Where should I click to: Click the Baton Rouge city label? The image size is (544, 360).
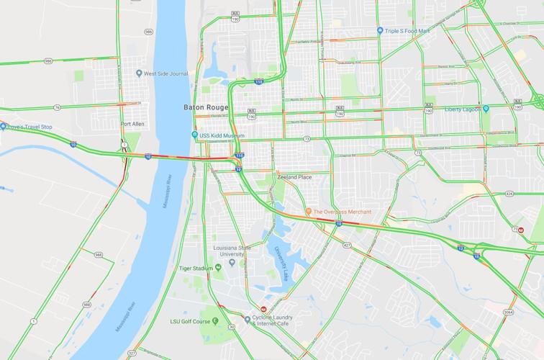pyautogui.click(x=205, y=107)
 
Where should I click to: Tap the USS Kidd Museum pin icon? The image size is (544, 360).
pyautogui.click(x=195, y=135)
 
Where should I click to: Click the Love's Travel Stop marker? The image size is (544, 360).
pyautogui.click(x=2, y=127)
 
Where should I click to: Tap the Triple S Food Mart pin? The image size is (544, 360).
pyautogui.click(x=380, y=30)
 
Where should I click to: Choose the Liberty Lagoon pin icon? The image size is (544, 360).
pyautogui.click(x=486, y=109)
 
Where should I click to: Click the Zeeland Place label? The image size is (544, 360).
pyautogui.click(x=294, y=176)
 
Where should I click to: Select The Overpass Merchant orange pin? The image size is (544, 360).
pyautogui.click(x=308, y=212)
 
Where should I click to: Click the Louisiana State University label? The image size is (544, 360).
pyautogui.click(x=232, y=251)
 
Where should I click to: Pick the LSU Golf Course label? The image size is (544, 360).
pyautogui.click(x=191, y=320)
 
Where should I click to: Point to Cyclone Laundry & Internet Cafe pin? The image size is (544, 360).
pyautogui.click(x=247, y=318)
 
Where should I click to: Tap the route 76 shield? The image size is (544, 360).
pyautogui.click(x=57, y=107)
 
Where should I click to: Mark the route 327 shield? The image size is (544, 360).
pyautogui.click(x=132, y=353)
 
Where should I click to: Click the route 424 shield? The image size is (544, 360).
pyautogui.click(x=509, y=194)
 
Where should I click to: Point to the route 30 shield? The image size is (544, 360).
pyautogui.click(x=232, y=326)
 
